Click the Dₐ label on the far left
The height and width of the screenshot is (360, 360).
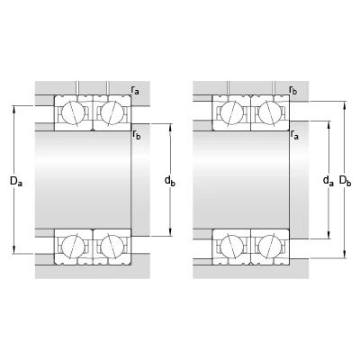pyautogui.click(x=16, y=181)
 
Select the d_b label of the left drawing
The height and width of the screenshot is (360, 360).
pyautogui.click(x=170, y=181)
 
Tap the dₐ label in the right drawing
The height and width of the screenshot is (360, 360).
pyautogui.click(x=328, y=181)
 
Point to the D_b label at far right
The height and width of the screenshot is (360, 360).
pyautogui.click(x=345, y=181)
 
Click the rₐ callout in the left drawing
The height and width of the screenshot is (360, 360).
pyautogui.click(x=135, y=90)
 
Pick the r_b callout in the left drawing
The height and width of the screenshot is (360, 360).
pyautogui.click(x=137, y=135)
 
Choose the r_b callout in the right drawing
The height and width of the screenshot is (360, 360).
pyautogui.click(x=293, y=90)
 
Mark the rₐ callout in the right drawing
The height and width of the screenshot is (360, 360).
pyautogui.click(x=294, y=135)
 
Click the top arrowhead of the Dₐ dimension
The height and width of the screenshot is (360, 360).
pyautogui.click(x=14, y=109)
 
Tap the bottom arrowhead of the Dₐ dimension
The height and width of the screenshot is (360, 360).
pyautogui.click(x=14, y=250)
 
